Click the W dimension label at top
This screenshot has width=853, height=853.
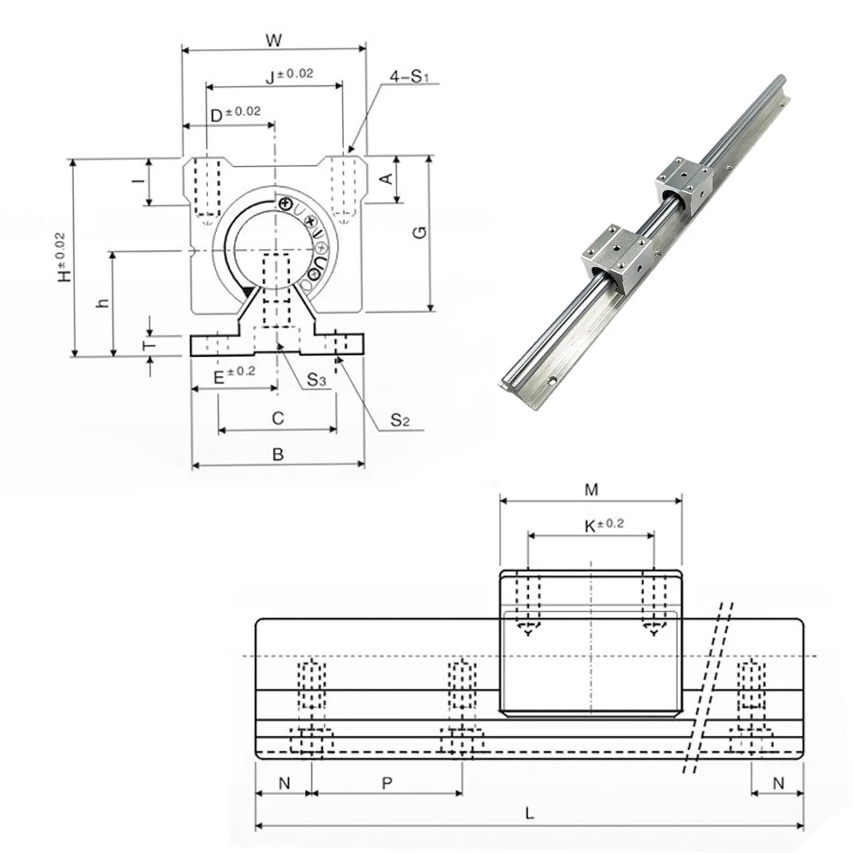(274, 41)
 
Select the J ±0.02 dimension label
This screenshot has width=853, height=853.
(289, 76)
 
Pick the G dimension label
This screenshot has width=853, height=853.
(420, 232)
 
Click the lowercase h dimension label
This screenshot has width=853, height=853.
(104, 302)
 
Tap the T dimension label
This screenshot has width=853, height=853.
(147, 345)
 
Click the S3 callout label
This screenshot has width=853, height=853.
(316, 382)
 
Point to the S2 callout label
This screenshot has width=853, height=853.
(399, 420)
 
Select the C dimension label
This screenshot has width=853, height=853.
(278, 418)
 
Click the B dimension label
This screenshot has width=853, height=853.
(278, 454)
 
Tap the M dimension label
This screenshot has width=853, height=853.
(591, 489)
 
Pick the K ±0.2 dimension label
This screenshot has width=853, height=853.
(603, 525)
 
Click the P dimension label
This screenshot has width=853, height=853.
(387, 783)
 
